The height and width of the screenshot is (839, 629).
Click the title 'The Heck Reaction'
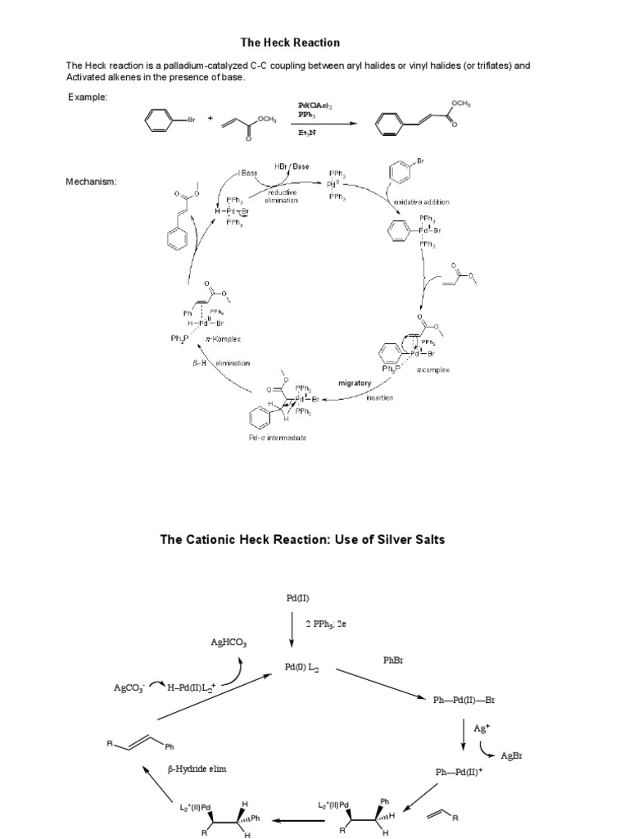click(290, 42)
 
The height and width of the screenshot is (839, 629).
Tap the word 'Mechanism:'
click(91, 182)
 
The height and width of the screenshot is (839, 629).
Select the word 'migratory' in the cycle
click(355, 383)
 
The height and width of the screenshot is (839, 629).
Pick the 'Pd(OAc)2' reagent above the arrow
click(314, 106)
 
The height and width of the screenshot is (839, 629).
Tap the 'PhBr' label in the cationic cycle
click(393, 659)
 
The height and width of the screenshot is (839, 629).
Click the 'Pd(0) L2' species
click(301, 669)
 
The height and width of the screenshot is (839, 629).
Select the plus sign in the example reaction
click(210, 119)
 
